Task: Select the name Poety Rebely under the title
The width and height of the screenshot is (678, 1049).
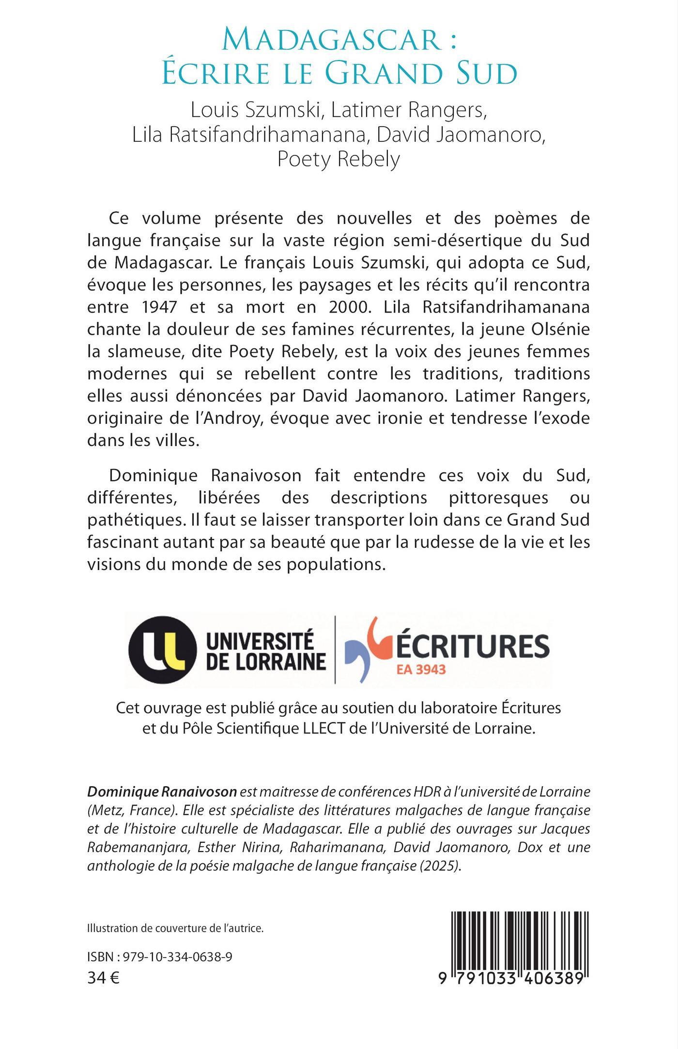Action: coord(339,159)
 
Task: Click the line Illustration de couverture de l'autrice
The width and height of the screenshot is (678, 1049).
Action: coord(175,928)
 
